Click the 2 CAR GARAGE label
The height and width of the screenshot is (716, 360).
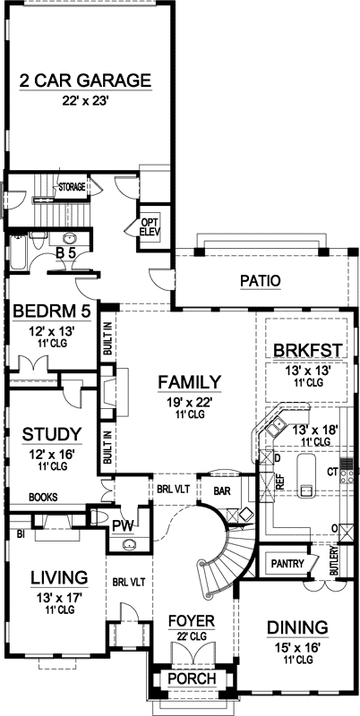[85, 80]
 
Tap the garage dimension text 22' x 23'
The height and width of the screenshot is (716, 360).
[85, 102]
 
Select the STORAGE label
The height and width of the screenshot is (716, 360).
[72, 187]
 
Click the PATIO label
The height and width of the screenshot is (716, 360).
[260, 281]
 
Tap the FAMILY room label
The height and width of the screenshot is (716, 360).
[189, 383]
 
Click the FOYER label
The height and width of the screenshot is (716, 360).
[190, 619]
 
